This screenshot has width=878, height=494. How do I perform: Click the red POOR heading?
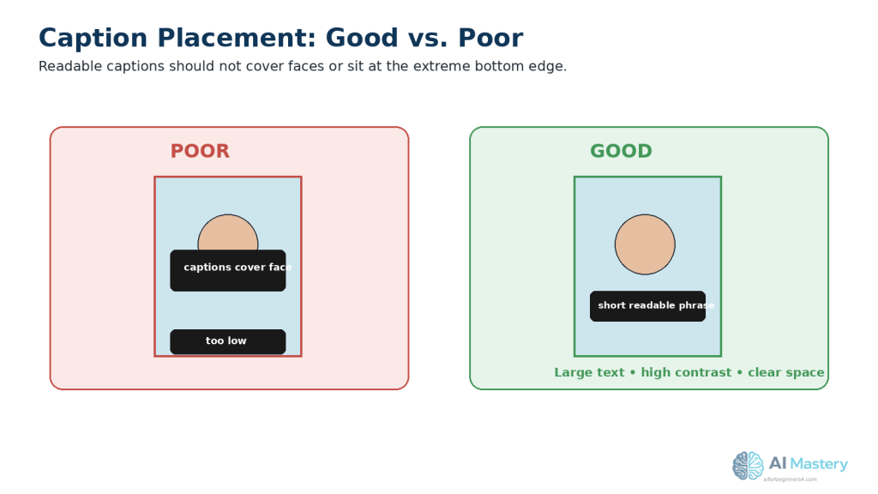(x=200, y=151)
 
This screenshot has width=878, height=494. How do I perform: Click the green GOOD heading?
(x=621, y=151)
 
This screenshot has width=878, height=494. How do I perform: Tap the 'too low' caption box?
(x=228, y=341)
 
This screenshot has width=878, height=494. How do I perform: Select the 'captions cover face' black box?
(x=228, y=270)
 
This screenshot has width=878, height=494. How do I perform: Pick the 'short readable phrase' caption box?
(x=648, y=306)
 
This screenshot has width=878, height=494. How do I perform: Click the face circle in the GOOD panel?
(x=645, y=244)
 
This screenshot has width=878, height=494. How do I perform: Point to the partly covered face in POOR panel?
(x=228, y=232)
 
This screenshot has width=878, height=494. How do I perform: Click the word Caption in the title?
(x=93, y=39)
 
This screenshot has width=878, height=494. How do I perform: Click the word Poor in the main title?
(x=490, y=38)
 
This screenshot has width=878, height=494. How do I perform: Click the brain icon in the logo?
(x=748, y=466)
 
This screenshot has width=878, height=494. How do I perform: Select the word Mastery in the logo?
(x=819, y=464)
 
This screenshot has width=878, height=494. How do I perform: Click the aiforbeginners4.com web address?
(x=790, y=479)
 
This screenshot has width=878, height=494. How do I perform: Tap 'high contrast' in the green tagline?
(x=686, y=372)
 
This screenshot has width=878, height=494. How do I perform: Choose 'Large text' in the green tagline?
(x=589, y=372)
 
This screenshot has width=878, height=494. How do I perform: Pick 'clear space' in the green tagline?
(x=785, y=372)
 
